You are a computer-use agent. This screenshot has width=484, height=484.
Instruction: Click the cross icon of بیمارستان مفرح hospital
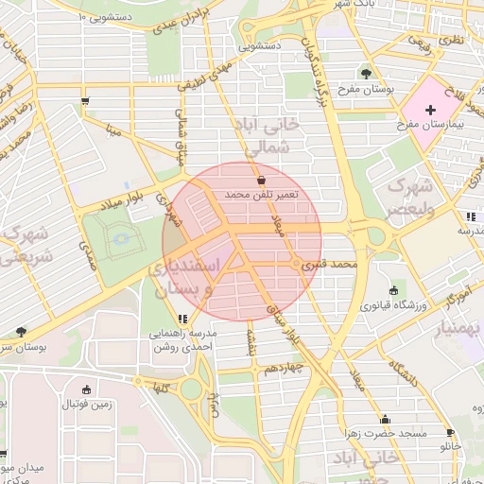pyautogui.click(x=431, y=111)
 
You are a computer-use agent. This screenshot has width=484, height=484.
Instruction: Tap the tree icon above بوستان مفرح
pyautogui.click(x=366, y=73)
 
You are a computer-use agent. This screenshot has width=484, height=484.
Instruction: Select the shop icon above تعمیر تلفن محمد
pyautogui.click(x=261, y=179)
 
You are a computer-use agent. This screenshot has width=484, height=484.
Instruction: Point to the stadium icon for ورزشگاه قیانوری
pyautogui.click(x=393, y=290)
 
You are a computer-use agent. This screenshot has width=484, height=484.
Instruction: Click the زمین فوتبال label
pyautogui.click(x=87, y=405)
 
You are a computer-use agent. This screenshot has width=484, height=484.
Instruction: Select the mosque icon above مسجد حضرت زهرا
pyautogui.click(x=385, y=419)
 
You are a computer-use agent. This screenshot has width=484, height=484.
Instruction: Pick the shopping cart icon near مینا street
pyautogui.click(x=86, y=101)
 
